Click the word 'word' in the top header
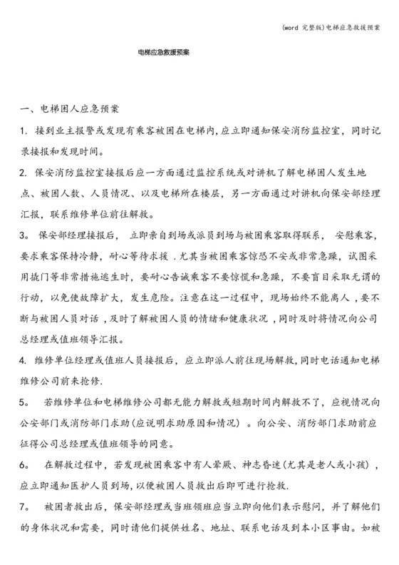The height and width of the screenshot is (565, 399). click(291, 8)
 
